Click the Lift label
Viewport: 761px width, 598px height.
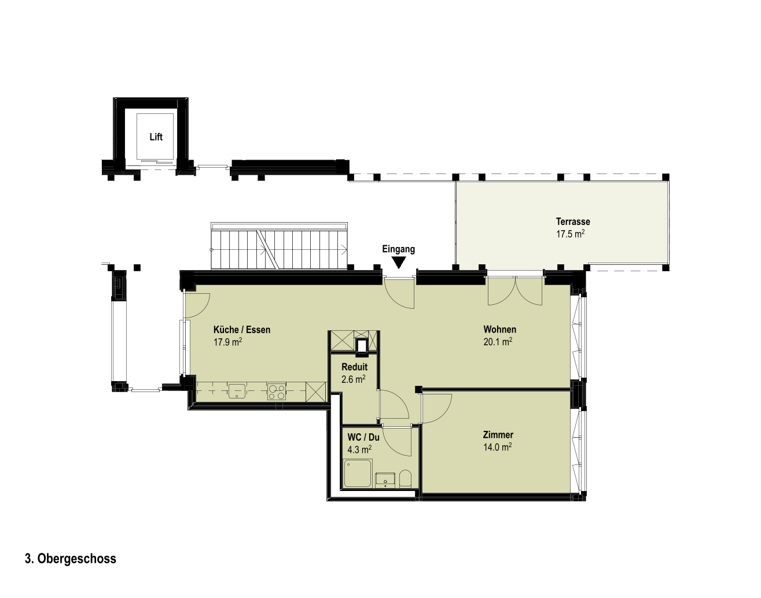point(156,136)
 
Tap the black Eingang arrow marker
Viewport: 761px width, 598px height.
point(399,262)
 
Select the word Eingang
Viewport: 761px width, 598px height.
point(399,249)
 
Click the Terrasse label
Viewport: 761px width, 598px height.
point(573,222)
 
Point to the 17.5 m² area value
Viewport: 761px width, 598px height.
point(571,234)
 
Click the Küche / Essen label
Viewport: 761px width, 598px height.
point(242,330)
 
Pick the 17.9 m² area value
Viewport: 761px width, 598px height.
point(228,342)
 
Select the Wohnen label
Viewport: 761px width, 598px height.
point(499,330)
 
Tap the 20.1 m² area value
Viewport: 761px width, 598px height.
point(498,342)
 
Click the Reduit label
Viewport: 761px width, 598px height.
point(354,367)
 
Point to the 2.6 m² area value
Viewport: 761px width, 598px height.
point(353,379)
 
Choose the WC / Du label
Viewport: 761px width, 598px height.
point(363,437)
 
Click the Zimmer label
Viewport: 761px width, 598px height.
point(498,435)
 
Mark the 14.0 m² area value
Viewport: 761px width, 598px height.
point(498,447)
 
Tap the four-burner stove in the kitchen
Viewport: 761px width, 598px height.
point(277,392)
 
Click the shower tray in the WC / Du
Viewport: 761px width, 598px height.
point(358,473)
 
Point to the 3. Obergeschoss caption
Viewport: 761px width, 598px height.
point(71,559)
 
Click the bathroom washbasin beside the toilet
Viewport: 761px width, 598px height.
point(385,479)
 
